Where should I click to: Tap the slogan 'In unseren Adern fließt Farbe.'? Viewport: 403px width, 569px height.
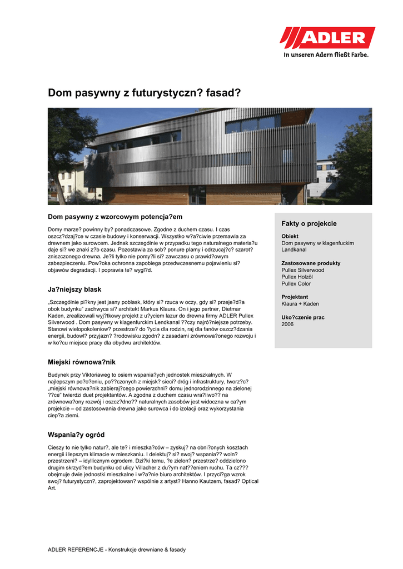pos(326,54)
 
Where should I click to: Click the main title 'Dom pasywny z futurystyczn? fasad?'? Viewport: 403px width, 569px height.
pos(145,93)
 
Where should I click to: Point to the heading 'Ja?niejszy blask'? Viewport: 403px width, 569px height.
pos(74,290)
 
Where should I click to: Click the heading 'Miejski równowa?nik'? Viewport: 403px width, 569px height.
pos(81,362)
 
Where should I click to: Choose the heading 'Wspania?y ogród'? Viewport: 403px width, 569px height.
pos(76,434)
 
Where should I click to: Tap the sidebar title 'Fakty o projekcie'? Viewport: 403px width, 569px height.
pos(309,223)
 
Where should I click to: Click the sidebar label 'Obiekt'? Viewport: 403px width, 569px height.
pos(290,236)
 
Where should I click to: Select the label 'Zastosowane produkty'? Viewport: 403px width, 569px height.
pos(311,263)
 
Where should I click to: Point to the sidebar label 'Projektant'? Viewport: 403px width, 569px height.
pos(295,297)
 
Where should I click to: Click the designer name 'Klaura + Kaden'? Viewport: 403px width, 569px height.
pos(300,304)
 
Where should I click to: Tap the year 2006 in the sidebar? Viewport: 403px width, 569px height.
pos(287,324)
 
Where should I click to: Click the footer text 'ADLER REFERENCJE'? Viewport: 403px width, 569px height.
pos(76,550)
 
